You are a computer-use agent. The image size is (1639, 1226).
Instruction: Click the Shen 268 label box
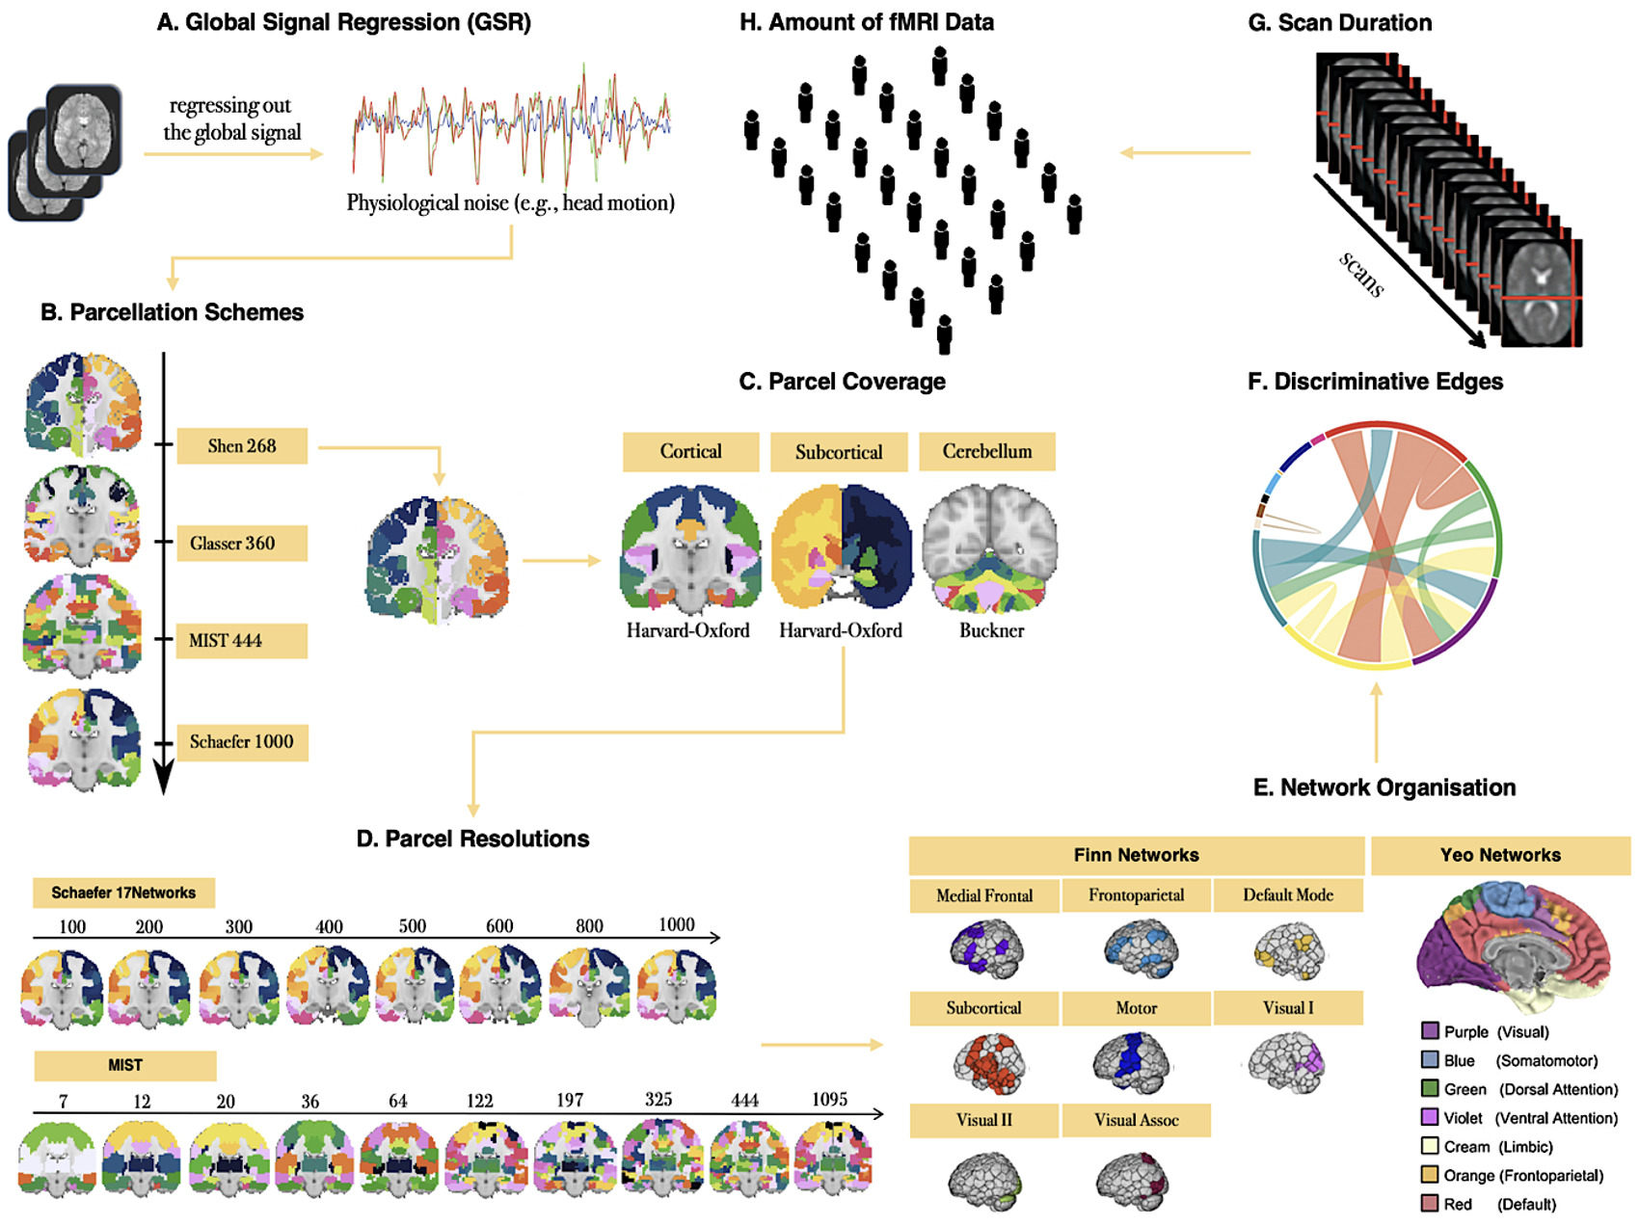242,446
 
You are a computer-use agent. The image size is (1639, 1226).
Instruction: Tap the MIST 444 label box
242,641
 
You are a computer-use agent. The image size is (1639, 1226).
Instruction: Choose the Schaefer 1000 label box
242,742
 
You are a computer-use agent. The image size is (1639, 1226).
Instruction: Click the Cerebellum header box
986,451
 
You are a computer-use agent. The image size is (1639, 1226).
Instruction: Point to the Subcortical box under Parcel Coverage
839,452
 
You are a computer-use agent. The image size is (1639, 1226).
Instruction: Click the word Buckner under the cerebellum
991,630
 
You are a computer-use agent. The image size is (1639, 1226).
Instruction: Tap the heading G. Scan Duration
1340,23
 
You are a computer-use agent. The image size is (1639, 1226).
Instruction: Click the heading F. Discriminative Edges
1375,382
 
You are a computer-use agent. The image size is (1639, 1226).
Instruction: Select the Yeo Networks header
1500,855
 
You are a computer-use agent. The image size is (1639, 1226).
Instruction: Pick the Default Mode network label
1288,894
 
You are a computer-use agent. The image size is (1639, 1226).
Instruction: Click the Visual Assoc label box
1136,1120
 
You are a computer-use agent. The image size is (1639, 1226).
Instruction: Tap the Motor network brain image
1132,1062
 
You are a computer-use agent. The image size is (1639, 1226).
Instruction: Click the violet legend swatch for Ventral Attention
1430,1117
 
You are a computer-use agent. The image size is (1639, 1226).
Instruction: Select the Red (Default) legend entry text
1500,1204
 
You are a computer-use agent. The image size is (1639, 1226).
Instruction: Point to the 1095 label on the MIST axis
829,1099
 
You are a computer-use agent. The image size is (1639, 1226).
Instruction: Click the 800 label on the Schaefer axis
589,925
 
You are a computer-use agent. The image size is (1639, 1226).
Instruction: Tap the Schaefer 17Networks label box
123,893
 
